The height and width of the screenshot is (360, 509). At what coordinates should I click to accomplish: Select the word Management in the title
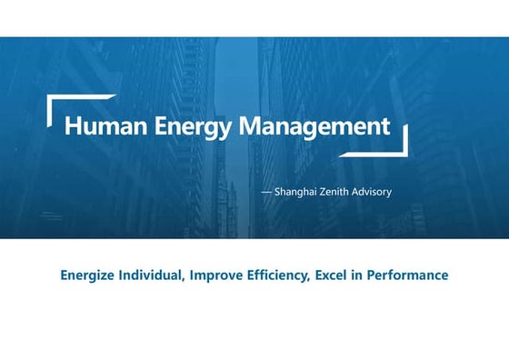click(314, 126)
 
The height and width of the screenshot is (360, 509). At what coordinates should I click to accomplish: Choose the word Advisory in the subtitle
click(377, 193)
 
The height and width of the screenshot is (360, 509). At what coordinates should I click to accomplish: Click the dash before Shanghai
click(266, 193)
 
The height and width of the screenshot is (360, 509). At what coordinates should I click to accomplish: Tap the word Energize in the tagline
click(86, 275)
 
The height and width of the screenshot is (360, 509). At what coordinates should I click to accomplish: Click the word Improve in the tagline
click(216, 275)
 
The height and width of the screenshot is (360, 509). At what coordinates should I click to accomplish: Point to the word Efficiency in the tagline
click(277, 275)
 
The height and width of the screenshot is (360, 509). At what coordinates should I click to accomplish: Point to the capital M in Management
click(250, 126)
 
